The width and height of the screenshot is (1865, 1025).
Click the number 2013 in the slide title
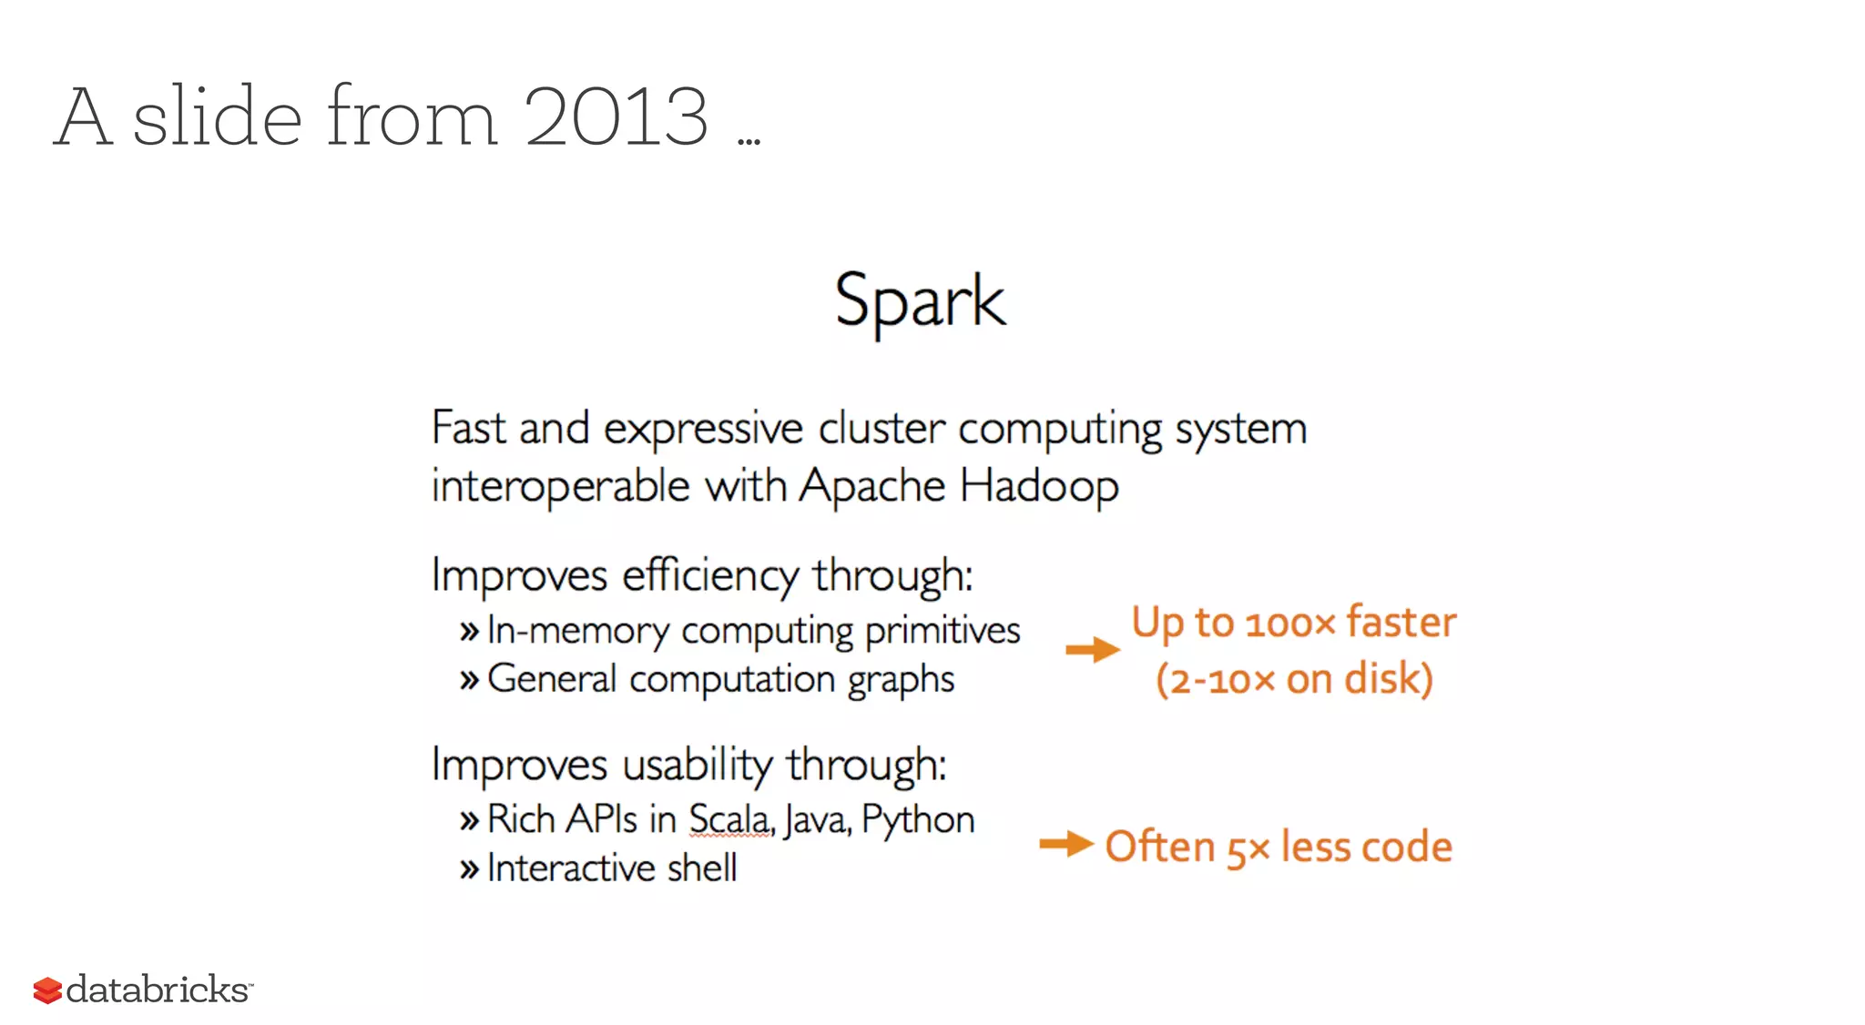[x=616, y=117]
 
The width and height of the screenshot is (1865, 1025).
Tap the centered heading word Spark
[x=920, y=301]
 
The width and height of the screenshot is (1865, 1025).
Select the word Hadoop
[x=1039, y=486]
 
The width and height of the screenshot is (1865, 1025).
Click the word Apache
[x=872, y=486]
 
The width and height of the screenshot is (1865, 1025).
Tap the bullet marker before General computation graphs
[x=469, y=680]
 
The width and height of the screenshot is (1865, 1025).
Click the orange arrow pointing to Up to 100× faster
[x=1092, y=649]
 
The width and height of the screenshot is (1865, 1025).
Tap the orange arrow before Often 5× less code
[x=1065, y=844]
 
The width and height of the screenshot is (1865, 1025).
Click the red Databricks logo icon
[x=46, y=990]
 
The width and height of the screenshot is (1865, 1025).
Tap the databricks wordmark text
[x=158, y=989]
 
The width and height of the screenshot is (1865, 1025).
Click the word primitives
[x=943, y=631]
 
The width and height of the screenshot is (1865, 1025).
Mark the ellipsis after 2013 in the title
[x=749, y=141]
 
